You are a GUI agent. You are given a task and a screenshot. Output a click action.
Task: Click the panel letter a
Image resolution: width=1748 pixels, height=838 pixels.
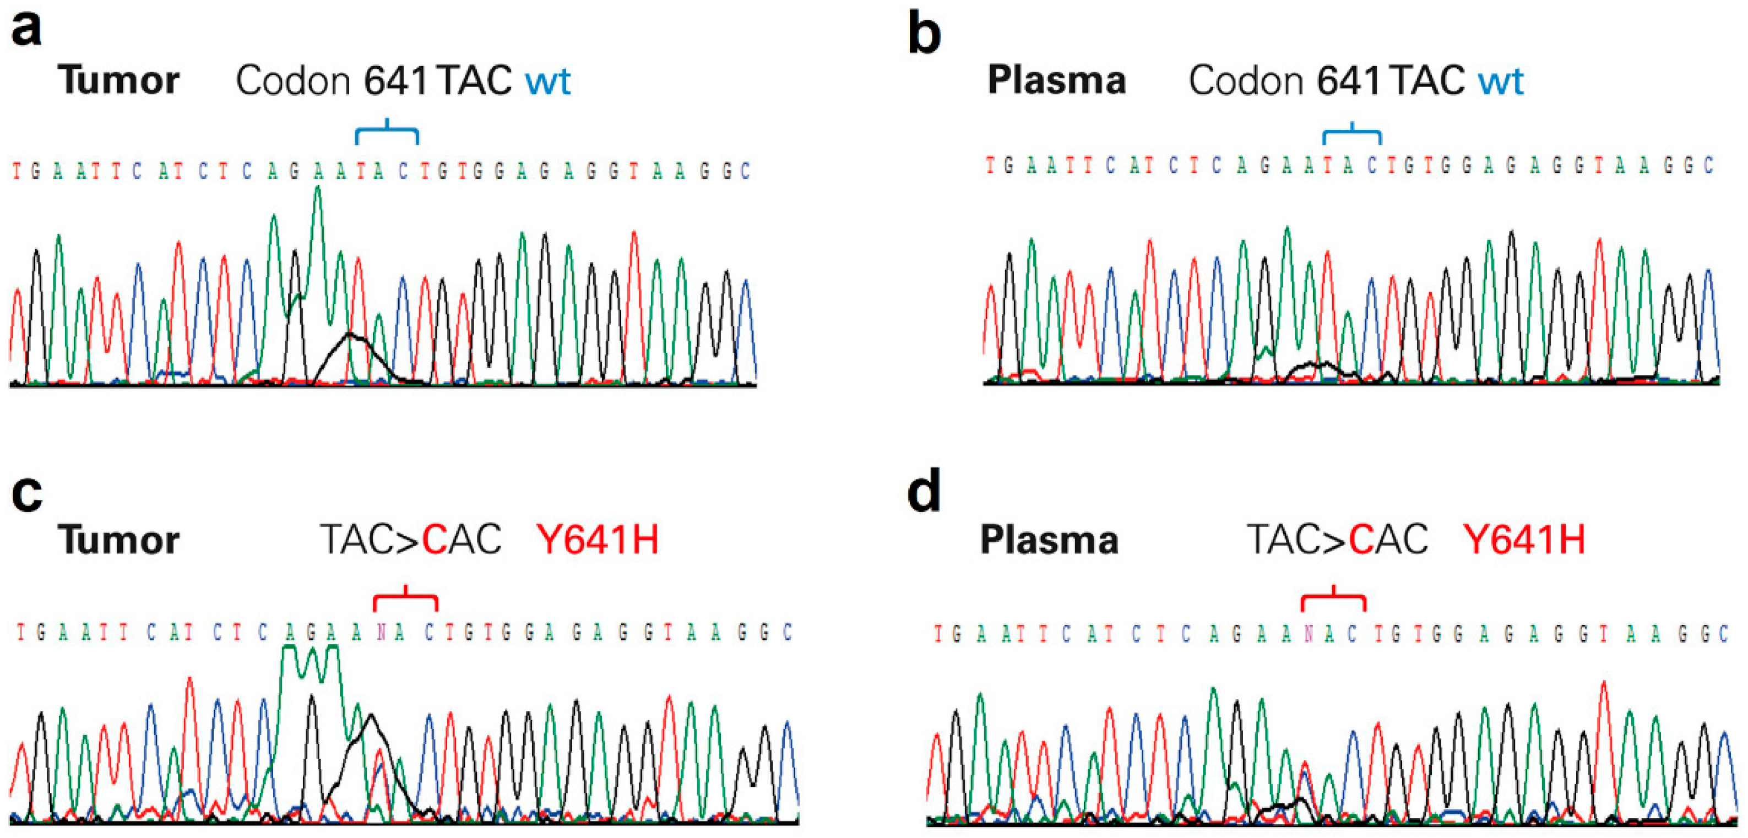26,30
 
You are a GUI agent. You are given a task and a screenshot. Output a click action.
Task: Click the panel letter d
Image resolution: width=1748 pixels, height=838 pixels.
924,491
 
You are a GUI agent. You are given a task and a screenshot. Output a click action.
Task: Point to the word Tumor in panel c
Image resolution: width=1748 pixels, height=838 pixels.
119,540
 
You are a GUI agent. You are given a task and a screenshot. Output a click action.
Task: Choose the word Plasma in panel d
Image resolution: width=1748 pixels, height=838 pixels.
1049,540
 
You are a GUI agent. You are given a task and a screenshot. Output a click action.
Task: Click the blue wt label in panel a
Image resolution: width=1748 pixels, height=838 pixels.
547,81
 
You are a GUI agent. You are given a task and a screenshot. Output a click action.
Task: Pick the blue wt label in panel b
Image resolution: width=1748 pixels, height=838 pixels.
1501,81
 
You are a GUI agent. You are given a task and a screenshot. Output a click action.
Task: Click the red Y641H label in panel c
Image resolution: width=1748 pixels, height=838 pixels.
597,540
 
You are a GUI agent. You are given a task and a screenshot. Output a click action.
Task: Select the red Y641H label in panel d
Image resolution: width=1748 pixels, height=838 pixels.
1524,540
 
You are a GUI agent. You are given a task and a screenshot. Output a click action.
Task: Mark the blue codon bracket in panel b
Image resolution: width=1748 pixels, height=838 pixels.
1351,133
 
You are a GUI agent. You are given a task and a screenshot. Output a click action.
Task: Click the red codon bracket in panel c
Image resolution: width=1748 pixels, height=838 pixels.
405,598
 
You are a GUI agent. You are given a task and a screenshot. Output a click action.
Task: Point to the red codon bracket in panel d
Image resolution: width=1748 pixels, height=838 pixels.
1333,598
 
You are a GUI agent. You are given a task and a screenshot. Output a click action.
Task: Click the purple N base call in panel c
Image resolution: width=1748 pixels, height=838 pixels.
381,633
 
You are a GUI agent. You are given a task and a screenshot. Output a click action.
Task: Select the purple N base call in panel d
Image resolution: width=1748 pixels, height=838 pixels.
1309,634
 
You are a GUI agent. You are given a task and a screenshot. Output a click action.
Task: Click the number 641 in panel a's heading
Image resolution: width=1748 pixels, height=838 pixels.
395,81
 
